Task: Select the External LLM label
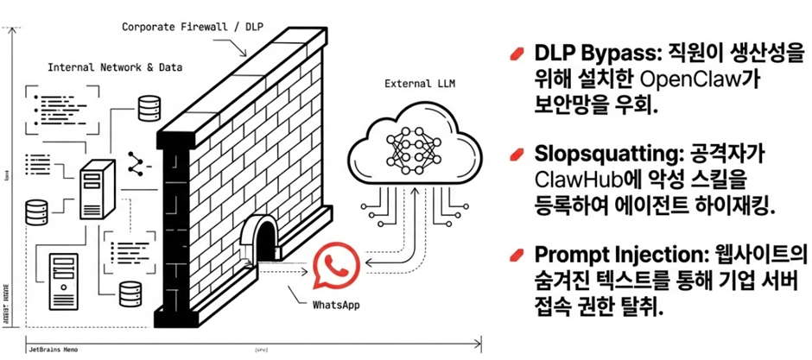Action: (410, 84)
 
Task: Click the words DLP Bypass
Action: (589, 54)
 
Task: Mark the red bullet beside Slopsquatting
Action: (517, 155)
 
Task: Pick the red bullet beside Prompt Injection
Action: (517, 256)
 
